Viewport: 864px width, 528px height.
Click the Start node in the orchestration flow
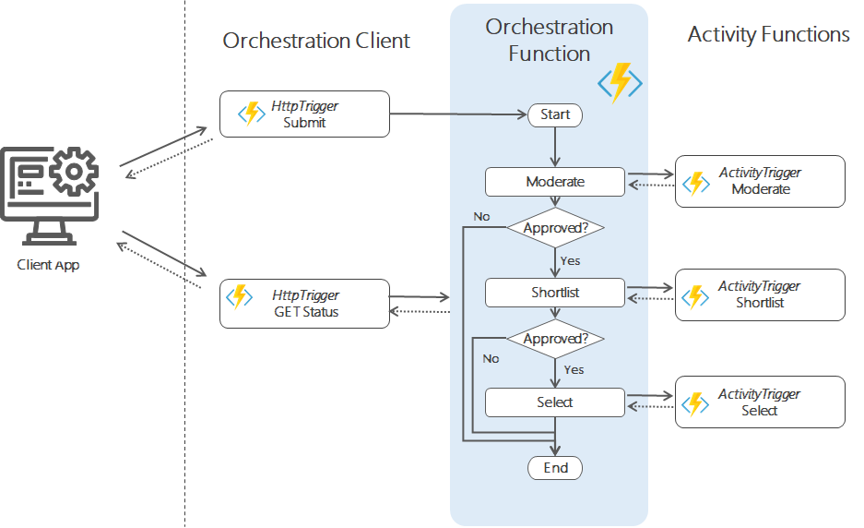(x=555, y=114)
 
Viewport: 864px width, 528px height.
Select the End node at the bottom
(x=555, y=468)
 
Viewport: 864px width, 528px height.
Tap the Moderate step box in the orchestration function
(x=555, y=182)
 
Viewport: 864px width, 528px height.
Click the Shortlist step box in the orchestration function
(x=555, y=294)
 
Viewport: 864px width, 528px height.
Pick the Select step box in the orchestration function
(x=555, y=402)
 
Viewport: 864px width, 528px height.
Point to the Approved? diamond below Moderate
(x=555, y=227)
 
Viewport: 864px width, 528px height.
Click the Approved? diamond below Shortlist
(x=555, y=339)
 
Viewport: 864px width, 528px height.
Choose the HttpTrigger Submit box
(x=304, y=114)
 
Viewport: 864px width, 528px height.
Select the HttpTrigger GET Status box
(x=304, y=303)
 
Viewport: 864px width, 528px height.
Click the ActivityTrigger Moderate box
(x=760, y=181)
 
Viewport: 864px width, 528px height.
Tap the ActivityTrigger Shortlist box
(x=760, y=294)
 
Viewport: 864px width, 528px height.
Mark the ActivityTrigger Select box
(x=760, y=402)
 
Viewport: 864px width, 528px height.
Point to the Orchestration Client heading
(x=316, y=42)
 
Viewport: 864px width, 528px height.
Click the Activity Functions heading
(x=768, y=35)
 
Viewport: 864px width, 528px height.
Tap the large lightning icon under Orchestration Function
(x=620, y=82)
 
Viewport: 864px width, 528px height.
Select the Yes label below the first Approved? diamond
(x=571, y=260)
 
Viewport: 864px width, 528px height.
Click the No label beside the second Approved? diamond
(x=491, y=358)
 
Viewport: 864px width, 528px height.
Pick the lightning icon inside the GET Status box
(x=241, y=296)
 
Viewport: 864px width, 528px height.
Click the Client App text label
(x=48, y=265)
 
